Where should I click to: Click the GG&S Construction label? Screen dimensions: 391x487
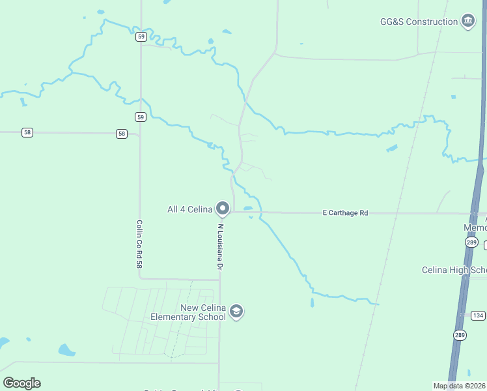419,22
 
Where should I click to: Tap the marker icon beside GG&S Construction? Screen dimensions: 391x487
468,22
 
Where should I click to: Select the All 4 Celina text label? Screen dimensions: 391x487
190,209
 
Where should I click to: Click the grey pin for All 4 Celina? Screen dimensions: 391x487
223,209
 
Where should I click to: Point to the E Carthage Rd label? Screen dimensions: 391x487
346,213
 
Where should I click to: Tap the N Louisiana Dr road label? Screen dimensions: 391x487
220,248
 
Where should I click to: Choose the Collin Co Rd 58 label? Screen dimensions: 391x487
139,244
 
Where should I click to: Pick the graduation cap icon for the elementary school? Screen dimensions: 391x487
236,312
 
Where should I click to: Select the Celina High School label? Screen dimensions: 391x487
454,270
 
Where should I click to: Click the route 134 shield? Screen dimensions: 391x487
478,315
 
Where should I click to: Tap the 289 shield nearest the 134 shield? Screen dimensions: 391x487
460,334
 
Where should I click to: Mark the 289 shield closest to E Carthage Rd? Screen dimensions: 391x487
472,242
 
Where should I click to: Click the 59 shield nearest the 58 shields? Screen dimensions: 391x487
141,117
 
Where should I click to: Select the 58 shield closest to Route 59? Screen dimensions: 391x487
122,134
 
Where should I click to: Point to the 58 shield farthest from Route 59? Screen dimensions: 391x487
27,132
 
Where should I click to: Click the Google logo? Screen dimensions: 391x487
21,383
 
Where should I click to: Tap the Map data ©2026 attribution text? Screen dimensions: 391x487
459,386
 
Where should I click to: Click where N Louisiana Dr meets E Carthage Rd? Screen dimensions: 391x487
233,212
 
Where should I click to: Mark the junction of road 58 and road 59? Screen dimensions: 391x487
140,135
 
